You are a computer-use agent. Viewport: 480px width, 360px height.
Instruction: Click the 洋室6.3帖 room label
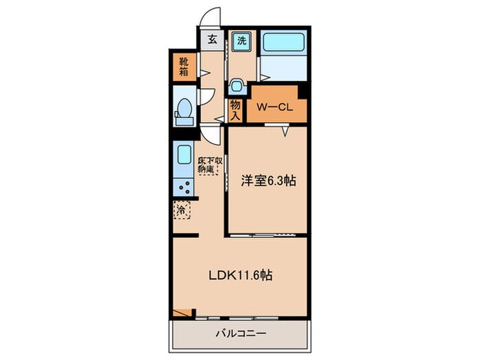coord(268,181)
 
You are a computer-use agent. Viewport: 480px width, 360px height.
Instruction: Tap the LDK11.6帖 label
coord(241,275)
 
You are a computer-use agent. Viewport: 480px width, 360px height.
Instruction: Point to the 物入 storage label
coord(235,109)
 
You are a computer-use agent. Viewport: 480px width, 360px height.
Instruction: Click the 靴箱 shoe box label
coord(184,67)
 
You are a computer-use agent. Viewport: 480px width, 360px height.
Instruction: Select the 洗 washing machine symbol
coord(241,40)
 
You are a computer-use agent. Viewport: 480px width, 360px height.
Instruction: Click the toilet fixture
coord(184,111)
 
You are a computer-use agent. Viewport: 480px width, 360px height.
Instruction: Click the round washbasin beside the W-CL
coord(237,86)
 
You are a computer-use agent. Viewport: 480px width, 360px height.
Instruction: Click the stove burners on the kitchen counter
coord(184,185)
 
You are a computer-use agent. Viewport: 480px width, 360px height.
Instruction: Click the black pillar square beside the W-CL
coord(303,91)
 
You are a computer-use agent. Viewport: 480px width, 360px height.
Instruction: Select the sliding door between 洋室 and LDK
coord(263,235)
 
